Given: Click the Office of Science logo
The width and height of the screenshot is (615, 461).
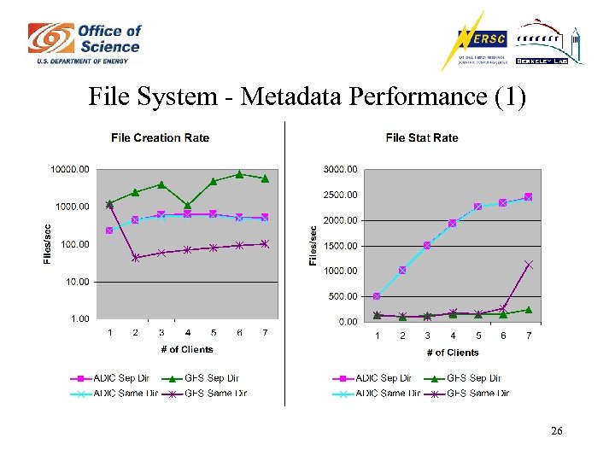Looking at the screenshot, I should (x=85, y=44).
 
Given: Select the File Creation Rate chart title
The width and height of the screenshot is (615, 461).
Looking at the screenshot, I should (x=161, y=137).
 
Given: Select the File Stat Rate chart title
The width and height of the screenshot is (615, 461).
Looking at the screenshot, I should (x=422, y=137).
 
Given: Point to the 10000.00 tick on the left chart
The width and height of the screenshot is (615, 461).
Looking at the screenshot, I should (x=70, y=169).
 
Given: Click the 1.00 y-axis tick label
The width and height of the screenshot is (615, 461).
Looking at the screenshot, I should (x=79, y=318).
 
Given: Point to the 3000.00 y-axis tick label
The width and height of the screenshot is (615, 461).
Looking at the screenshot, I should (x=339, y=169).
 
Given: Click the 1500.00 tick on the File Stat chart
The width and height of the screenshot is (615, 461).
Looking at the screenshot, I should (x=339, y=246).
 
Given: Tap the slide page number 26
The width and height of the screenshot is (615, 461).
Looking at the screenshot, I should (x=556, y=432).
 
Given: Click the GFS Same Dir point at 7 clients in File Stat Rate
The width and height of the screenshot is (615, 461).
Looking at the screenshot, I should (x=529, y=265).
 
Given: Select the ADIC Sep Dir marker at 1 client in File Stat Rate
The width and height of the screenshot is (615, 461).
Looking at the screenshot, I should (x=378, y=296).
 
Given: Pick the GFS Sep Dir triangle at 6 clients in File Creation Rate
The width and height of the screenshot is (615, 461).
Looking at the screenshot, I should (x=239, y=174).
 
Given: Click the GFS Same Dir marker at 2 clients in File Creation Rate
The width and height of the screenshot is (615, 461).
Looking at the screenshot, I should (x=136, y=258).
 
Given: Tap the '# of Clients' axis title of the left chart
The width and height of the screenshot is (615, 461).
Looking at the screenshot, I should (x=187, y=349).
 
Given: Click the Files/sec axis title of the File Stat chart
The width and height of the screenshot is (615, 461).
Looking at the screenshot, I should (x=313, y=244).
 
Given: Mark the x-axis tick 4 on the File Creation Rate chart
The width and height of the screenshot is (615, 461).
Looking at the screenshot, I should (x=187, y=333).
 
